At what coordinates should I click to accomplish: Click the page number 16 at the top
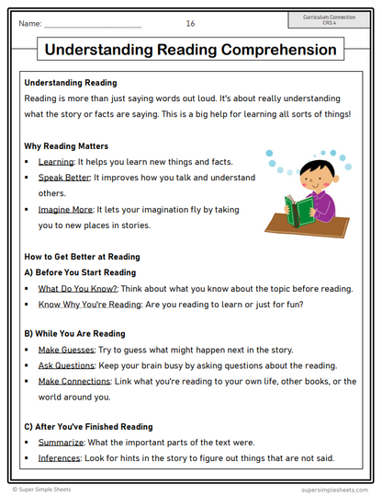point(190,23)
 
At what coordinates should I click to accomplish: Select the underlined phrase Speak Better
point(63,178)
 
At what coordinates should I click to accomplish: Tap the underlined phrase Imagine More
point(65,210)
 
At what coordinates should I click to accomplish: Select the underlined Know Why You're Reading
point(84,305)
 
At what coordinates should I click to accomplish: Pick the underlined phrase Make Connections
point(74,381)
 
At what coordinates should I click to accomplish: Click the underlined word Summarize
point(62,443)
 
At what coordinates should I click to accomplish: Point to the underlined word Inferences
point(60,458)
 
